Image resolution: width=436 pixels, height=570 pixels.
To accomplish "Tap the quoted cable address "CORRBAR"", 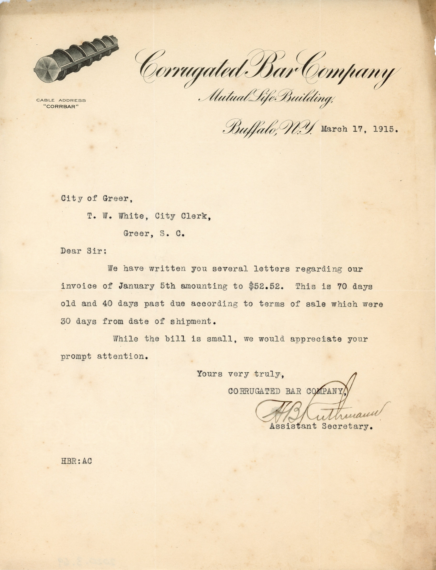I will (61, 107).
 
